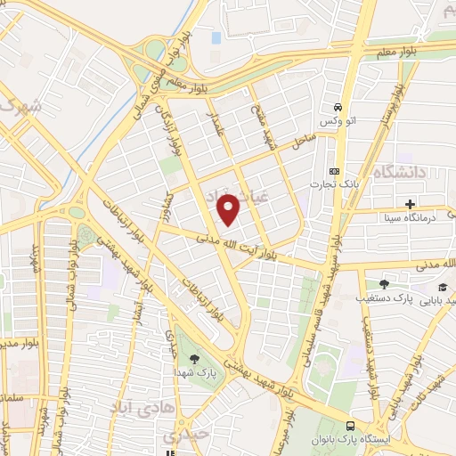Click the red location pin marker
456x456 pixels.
[x=230, y=210]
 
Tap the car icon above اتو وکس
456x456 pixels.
[x=338, y=103]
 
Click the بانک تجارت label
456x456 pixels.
[x=334, y=185]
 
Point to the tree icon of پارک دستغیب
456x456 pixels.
[x=384, y=284]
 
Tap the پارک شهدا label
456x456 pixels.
[x=194, y=375]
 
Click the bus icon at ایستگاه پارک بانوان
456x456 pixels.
[x=351, y=426]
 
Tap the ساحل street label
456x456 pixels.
[x=302, y=137]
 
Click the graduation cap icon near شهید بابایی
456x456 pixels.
[x=444, y=287]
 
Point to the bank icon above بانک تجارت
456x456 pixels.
[x=334, y=171]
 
